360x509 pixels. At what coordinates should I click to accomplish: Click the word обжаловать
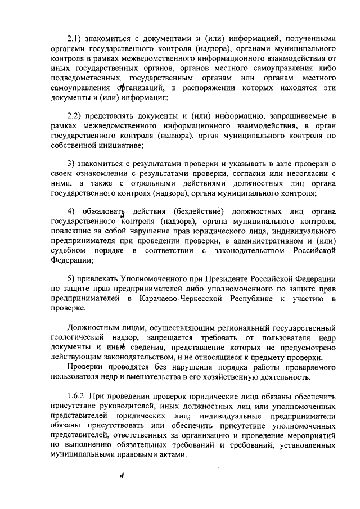click(103, 211)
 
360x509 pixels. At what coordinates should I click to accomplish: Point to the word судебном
click(67, 250)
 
